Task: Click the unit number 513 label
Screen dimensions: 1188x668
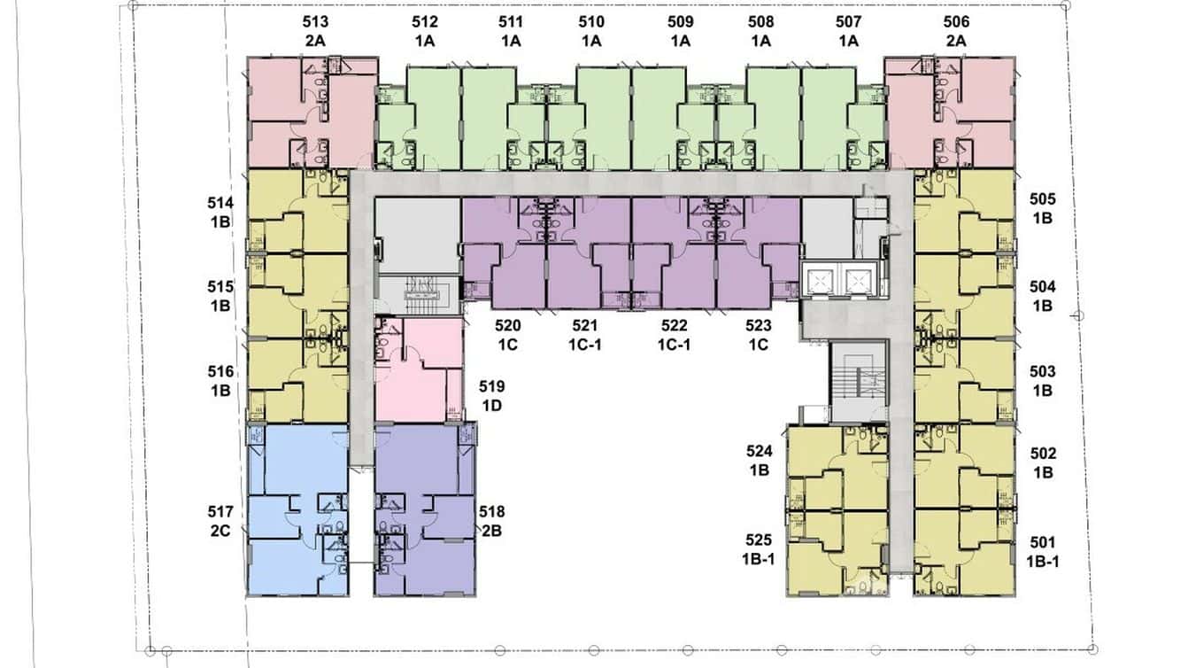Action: tap(315, 22)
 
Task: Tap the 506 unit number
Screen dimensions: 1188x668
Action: tap(956, 22)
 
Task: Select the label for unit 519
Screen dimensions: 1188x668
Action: tap(491, 386)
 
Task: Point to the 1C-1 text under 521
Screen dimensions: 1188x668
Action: tap(585, 345)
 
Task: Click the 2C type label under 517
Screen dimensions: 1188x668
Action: tap(220, 531)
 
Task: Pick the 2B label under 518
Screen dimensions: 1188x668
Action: tap(491, 531)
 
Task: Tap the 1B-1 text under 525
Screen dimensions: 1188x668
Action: tap(759, 559)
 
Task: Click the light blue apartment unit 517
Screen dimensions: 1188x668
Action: tap(297, 509)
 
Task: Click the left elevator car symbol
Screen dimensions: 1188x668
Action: tap(821, 280)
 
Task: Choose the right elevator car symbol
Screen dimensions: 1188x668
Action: tap(859, 280)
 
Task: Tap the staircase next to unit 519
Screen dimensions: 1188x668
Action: tap(419, 295)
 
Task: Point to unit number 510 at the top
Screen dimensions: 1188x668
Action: tap(591, 22)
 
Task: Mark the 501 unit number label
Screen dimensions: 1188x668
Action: tap(1043, 542)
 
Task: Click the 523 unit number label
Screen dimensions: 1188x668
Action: tap(759, 325)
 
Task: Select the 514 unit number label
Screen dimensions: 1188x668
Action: tap(220, 203)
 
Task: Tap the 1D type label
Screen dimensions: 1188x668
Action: tap(491, 406)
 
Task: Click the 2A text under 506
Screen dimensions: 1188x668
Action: tap(956, 41)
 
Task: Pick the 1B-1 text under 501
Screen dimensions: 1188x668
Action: tap(1043, 562)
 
